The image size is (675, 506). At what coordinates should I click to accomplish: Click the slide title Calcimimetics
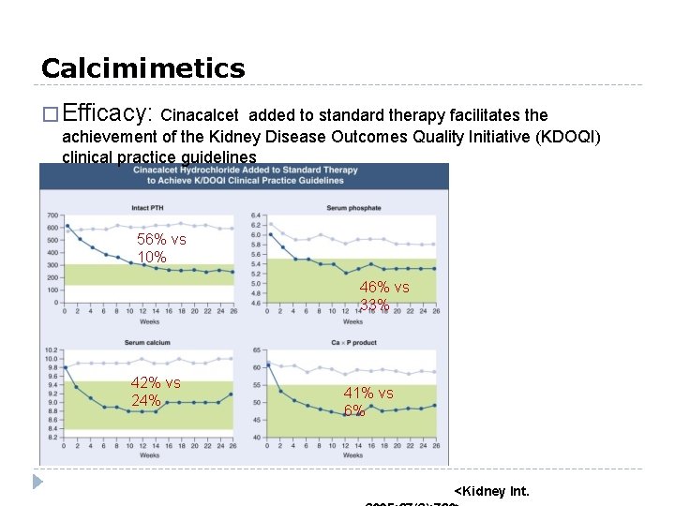tap(142, 68)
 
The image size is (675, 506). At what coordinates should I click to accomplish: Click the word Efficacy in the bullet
tap(110, 114)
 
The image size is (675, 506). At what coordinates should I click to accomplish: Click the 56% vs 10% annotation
tap(161, 248)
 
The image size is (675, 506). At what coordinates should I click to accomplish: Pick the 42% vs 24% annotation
tap(156, 392)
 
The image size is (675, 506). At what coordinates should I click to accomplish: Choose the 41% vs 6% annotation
tap(367, 402)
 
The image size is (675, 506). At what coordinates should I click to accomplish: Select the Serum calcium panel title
tap(149, 343)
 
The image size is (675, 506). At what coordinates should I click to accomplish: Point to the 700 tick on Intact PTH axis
tap(52, 216)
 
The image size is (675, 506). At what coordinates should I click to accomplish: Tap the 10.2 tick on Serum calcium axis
tap(52, 350)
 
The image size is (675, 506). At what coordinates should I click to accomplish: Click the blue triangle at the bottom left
tap(37, 483)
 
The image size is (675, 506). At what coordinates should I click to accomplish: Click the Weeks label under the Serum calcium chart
tap(148, 455)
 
